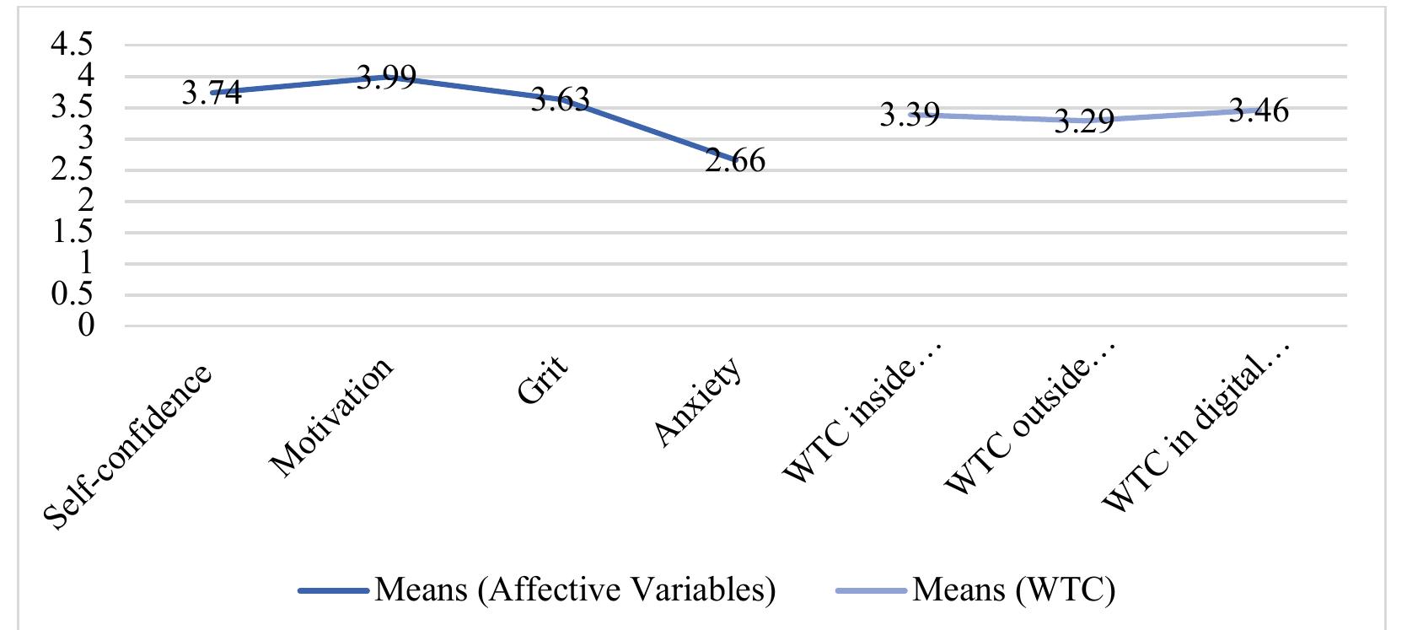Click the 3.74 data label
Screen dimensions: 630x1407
click(x=212, y=93)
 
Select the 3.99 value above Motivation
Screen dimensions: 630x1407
click(x=385, y=78)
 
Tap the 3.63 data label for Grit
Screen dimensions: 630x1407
click(x=560, y=100)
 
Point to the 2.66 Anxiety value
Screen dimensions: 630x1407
click(x=735, y=160)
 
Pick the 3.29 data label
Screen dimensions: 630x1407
click(x=1084, y=121)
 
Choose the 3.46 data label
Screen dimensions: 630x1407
click(x=1258, y=110)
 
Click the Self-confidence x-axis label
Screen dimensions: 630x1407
click(x=127, y=448)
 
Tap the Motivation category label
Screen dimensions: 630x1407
click(x=330, y=417)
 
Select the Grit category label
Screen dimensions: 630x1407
click(x=542, y=380)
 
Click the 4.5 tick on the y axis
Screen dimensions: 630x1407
click(x=73, y=46)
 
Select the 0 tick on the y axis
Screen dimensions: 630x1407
click(x=87, y=326)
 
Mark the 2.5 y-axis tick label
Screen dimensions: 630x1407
click(x=73, y=170)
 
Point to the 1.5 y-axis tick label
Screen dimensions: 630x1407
click(x=73, y=233)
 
